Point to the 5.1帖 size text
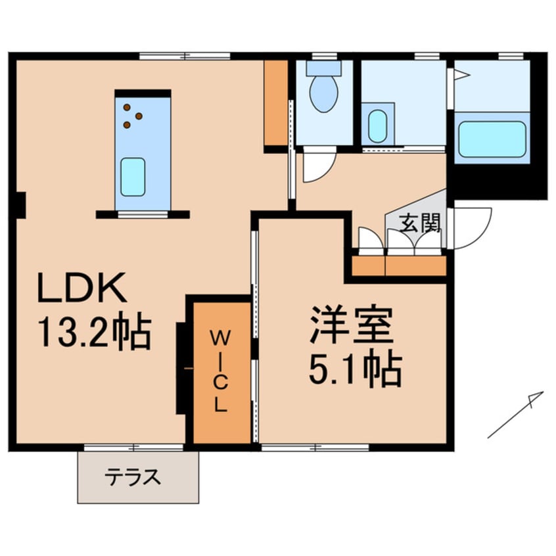pos(355,371)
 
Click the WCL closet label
pos(220,371)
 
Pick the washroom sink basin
pos(378,126)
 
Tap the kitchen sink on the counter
pos(132,177)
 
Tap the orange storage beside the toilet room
pos(276,103)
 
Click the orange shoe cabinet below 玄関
pos(399,266)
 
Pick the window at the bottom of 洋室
pos(315,448)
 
